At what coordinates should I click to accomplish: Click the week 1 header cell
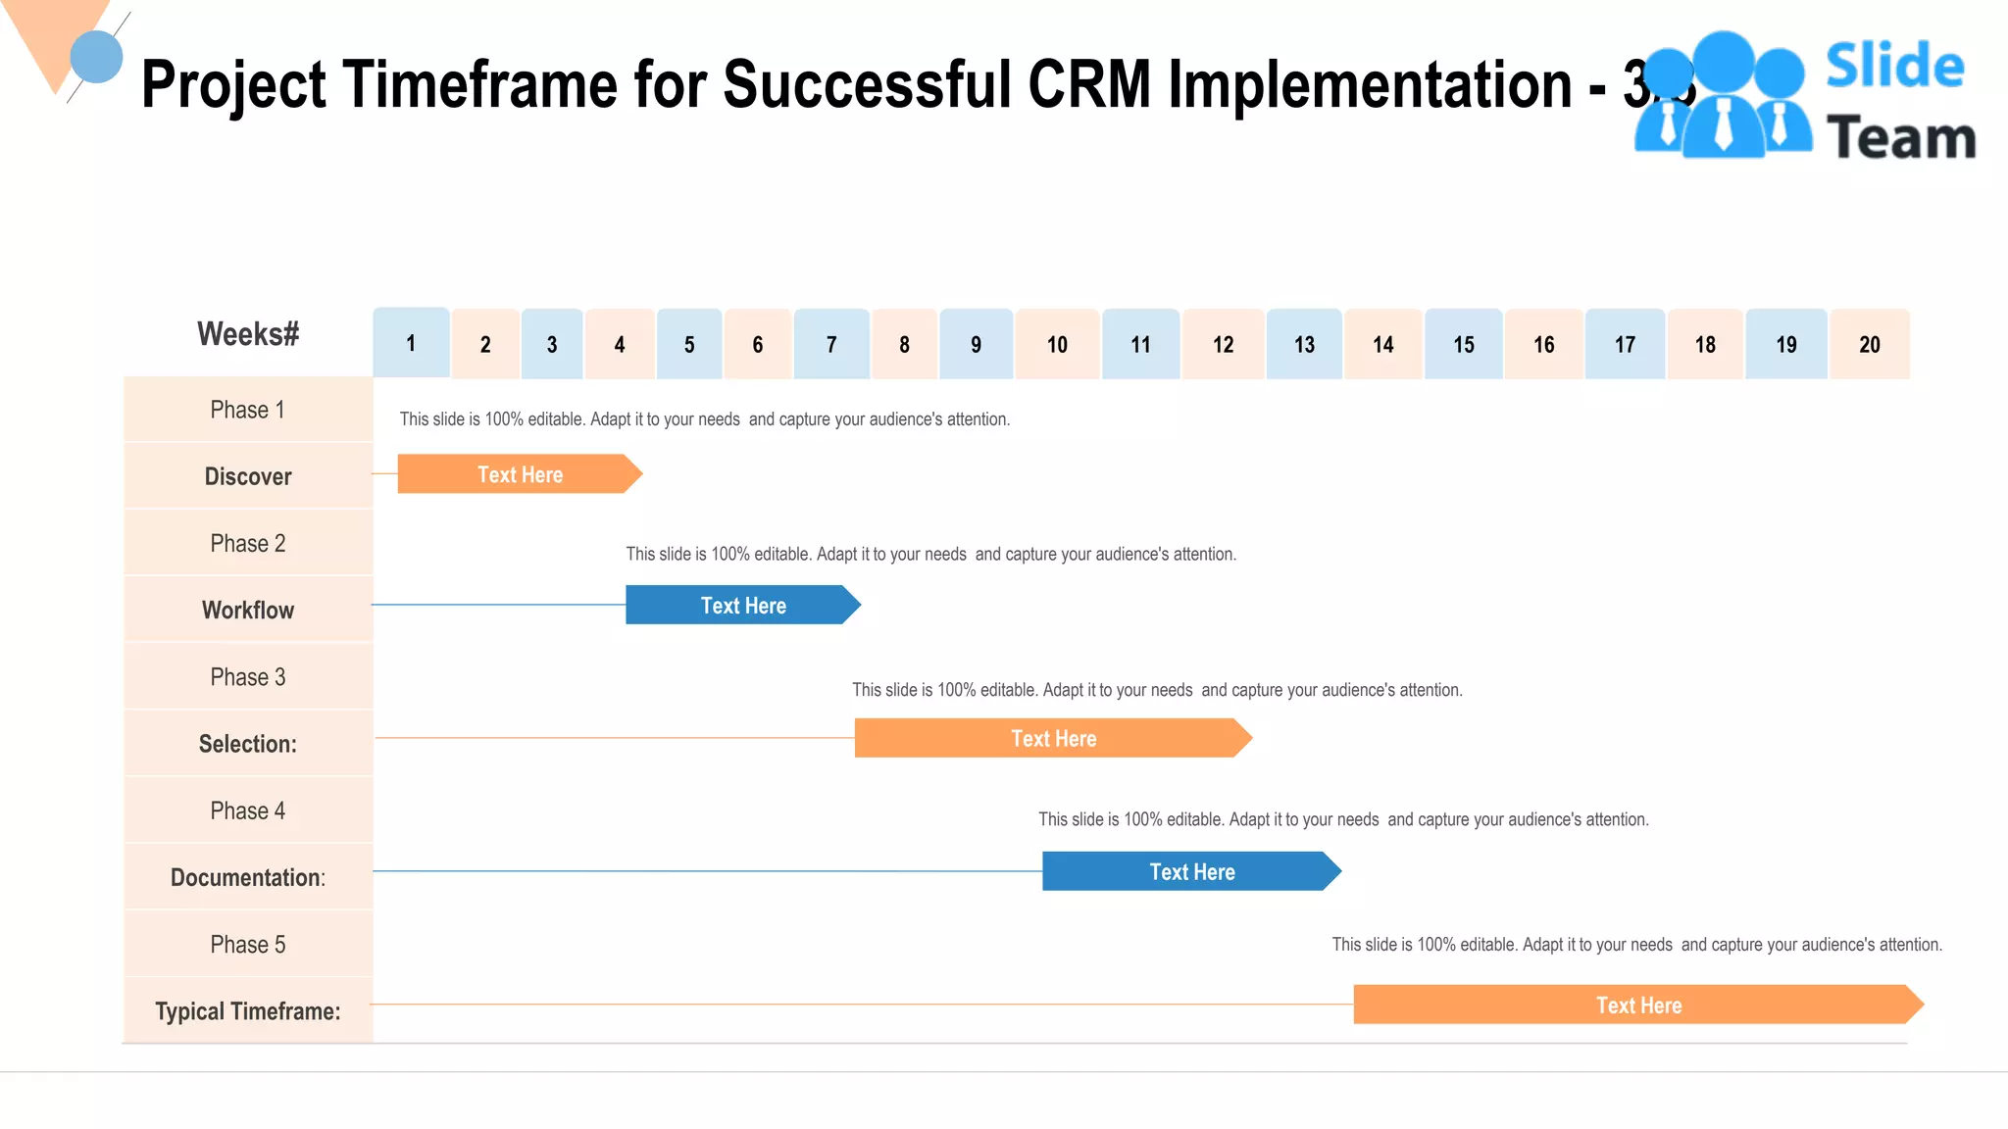click(411, 343)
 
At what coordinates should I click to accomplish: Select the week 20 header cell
click(1869, 344)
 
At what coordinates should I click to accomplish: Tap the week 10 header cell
click(1057, 344)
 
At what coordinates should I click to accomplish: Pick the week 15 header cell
click(1463, 344)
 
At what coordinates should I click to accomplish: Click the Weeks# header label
click(248, 334)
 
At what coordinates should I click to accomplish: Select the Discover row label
click(248, 476)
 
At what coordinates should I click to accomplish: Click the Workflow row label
click(248, 610)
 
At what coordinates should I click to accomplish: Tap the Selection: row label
click(248, 744)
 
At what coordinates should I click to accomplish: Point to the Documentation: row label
click(248, 877)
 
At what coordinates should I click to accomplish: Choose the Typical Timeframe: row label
click(248, 1010)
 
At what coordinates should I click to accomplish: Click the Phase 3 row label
click(248, 677)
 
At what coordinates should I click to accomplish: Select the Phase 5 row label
click(248, 944)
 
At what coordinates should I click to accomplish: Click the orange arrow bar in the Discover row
click(519, 474)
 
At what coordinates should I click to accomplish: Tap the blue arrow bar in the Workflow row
click(742, 606)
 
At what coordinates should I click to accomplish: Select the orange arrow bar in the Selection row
click(1052, 738)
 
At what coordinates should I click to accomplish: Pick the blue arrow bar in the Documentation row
click(1190, 871)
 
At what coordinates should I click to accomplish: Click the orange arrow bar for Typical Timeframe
click(1637, 1005)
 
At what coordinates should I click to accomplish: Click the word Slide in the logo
click(1894, 67)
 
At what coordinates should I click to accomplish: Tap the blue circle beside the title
click(96, 57)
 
